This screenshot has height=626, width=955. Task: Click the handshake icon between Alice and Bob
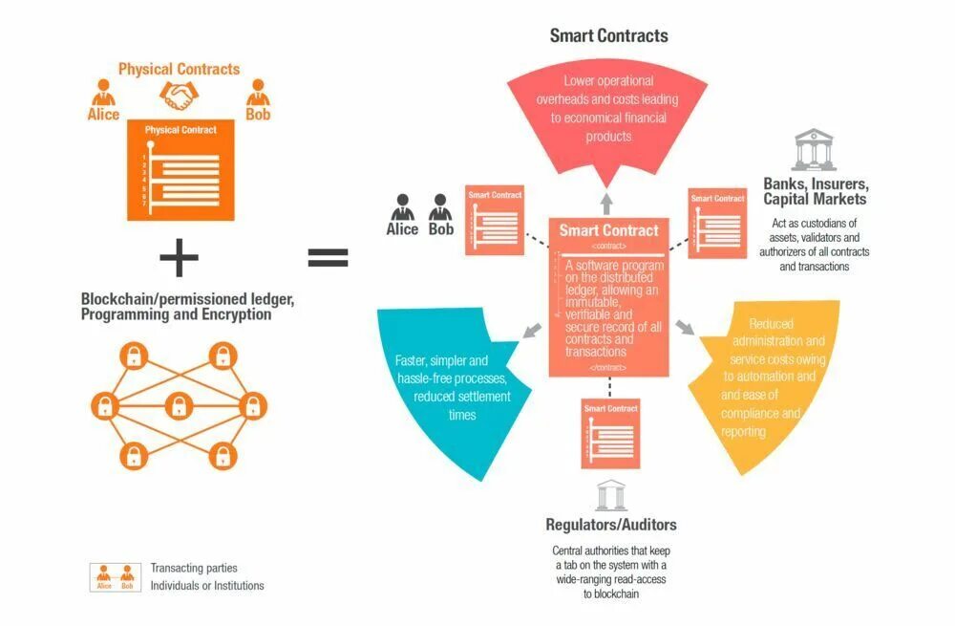(179, 95)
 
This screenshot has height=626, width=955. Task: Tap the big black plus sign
(179, 257)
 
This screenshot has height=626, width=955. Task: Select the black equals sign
(328, 257)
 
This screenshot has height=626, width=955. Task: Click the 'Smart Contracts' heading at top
(608, 36)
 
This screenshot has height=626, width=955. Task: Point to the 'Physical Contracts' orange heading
(179, 69)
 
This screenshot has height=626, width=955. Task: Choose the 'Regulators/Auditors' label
(611, 525)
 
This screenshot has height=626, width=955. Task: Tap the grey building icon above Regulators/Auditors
(611, 495)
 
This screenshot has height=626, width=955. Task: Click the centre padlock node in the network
(179, 405)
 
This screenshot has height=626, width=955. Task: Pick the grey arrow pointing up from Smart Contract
(606, 202)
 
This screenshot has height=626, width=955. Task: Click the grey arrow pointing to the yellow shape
(685, 327)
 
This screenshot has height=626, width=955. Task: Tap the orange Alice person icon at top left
(102, 93)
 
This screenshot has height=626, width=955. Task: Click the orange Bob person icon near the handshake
(258, 93)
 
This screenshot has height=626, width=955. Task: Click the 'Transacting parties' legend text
(194, 569)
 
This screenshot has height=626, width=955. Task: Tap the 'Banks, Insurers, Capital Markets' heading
(815, 191)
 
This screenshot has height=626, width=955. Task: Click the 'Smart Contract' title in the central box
(608, 230)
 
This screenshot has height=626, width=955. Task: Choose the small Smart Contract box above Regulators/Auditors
(609, 433)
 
